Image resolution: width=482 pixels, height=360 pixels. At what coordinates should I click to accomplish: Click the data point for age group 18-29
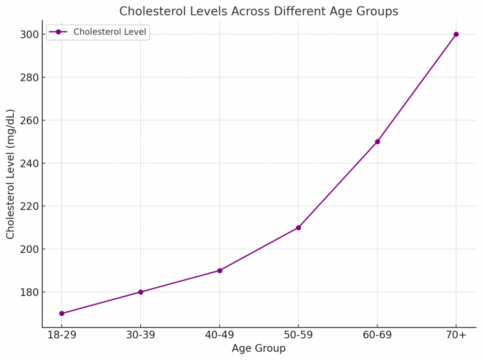[x=62, y=313]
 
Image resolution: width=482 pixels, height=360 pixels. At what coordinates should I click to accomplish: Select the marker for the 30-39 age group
[x=141, y=292]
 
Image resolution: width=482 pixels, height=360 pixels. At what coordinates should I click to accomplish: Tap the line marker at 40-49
[x=220, y=271]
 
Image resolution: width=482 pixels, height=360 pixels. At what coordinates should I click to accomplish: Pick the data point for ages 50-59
[x=298, y=228]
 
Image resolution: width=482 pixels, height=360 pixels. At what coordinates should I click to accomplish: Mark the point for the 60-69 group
[x=378, y=142]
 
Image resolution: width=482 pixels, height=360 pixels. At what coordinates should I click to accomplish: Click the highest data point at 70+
[x=456, y=34]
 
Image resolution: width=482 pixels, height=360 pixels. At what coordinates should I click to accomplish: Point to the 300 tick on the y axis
[x=29, y=34]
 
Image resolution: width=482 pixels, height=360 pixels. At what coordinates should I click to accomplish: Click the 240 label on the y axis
[x=29, y=163]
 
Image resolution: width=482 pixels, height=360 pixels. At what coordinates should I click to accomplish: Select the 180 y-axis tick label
[x=29, y=292]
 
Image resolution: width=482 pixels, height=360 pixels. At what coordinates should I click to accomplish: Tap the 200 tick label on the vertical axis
[x=29, y=249]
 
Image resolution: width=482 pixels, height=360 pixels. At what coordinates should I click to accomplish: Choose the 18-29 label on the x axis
[x=62, y=336]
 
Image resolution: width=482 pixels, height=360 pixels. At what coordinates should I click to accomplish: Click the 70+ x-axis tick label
[x=456, y=336]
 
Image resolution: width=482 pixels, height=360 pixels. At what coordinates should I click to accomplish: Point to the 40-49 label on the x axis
[x=220, y=336]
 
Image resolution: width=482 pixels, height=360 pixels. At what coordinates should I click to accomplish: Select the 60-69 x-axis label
[x=378, y=336]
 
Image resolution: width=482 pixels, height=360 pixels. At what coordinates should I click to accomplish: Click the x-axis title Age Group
[x=258, y=349]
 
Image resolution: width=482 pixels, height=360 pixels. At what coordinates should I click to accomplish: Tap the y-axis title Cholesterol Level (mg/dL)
[x=10, y=174]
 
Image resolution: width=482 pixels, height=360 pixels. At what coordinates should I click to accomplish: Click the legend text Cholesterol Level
[x=110, y=32]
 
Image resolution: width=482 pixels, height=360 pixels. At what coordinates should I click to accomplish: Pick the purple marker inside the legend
[x=58, y=32]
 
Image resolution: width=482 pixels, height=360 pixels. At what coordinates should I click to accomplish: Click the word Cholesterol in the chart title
[x=147, y=11]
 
